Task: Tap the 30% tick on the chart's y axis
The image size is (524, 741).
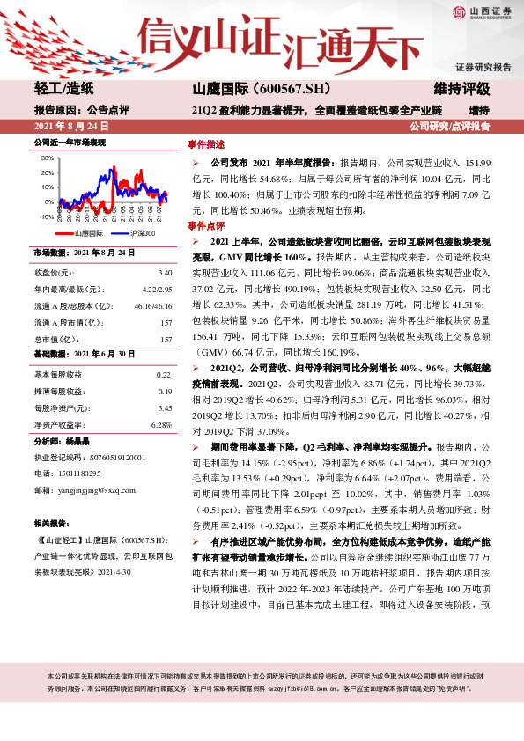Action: pyautogui.click(x=48, y=158)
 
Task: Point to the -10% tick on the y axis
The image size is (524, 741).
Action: pyautogui.click(x=47, y=216)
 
